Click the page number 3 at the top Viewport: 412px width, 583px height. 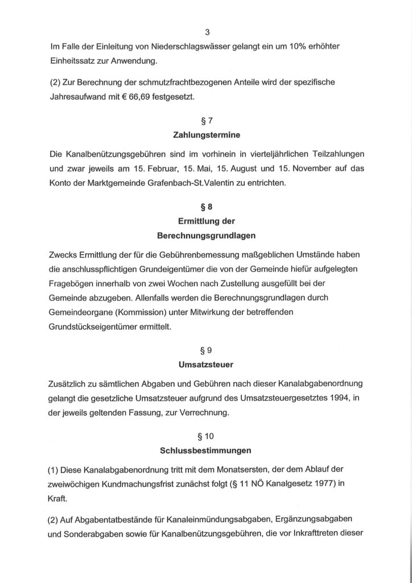206,31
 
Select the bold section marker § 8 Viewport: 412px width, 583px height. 206,208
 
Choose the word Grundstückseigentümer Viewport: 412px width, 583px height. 100,327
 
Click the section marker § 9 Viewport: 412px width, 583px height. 206,353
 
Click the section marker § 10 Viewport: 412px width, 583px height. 206,438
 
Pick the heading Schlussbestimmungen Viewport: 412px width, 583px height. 206,453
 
